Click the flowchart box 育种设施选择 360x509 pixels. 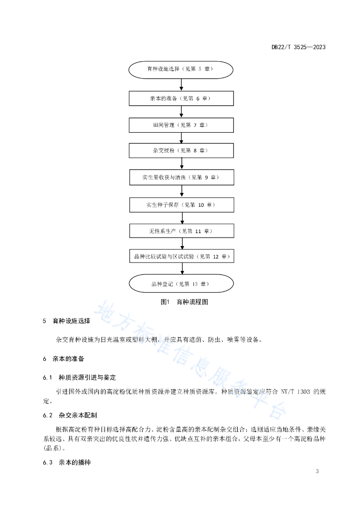(181, 70)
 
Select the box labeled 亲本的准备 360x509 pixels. (181, 98)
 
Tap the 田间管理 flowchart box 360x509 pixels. (181, 125)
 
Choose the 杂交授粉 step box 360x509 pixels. (181, 151)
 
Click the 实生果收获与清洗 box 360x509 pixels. (182, 177)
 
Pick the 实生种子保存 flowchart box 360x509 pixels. (182, 205)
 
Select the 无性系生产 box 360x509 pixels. (182, 231)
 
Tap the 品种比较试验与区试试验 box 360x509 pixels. (182, 256)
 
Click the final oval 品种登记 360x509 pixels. (181, 284)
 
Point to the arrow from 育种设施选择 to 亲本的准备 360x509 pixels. (181, 85)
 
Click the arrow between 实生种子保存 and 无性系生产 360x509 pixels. (182, 218)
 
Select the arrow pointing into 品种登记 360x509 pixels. (182, 269)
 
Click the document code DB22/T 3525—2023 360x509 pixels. (298, 47)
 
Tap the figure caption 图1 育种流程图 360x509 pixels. (184, 302)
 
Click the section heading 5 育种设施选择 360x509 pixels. (67, 321)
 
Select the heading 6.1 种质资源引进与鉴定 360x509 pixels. (79, 378)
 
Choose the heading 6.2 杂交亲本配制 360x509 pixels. (70, 415)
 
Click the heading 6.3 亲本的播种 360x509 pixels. (67, 462)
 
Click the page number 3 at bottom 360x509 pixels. (317, 471)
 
